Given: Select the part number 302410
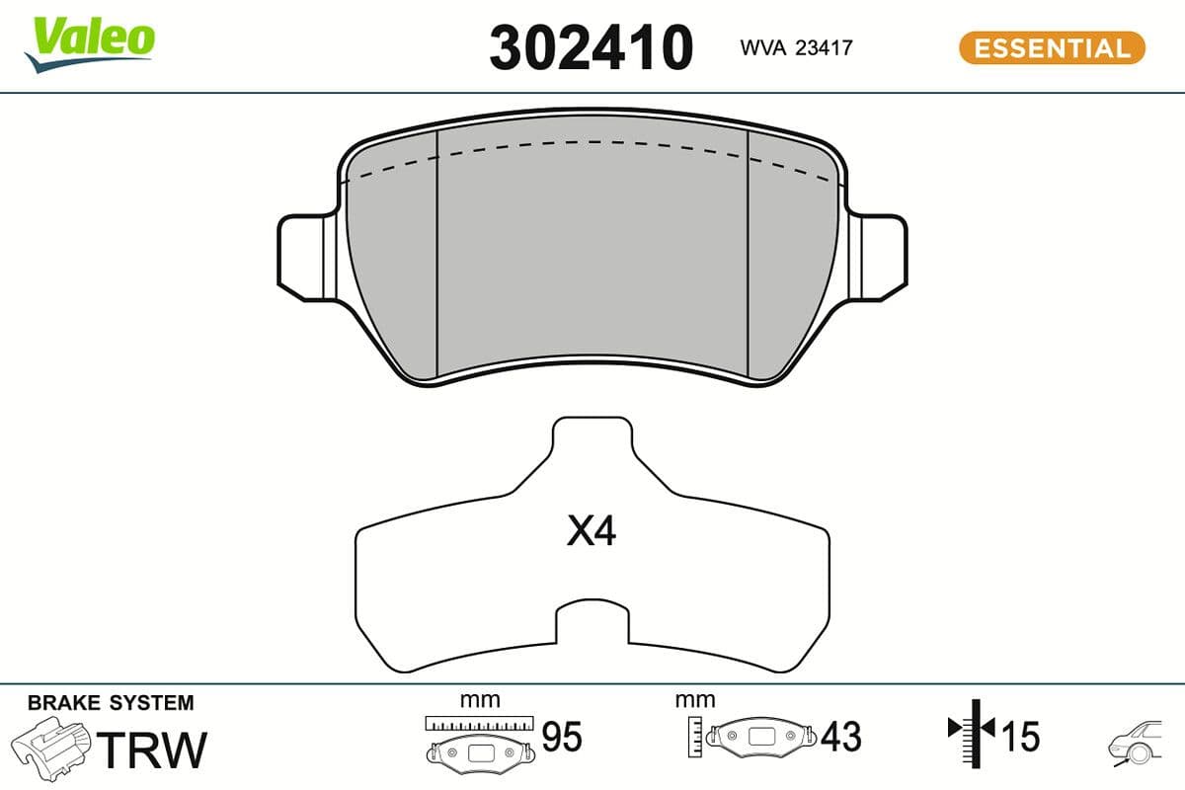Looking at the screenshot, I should click(x=591, y=46).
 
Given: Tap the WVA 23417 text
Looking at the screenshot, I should click(x=795, y=46).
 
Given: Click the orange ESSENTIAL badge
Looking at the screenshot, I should click(x=1051, y=47).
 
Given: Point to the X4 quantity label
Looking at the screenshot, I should click(x=591, y=533).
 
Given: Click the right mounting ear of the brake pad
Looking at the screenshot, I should click(x=881, y=252).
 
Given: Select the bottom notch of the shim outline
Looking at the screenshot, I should click(x=591, y=622).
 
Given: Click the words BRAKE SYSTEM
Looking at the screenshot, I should click(x=111, y=703).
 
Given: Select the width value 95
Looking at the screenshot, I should click(x=562, y=737).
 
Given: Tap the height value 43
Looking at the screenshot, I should click(x=840, y=737).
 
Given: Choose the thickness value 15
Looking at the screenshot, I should click(x=1021, y=737).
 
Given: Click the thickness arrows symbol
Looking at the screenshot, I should click(x=973, y=731).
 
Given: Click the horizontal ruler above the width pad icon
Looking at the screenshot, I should click(x=479, y=722).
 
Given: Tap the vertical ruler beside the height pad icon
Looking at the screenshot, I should click(x=696, y=736).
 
